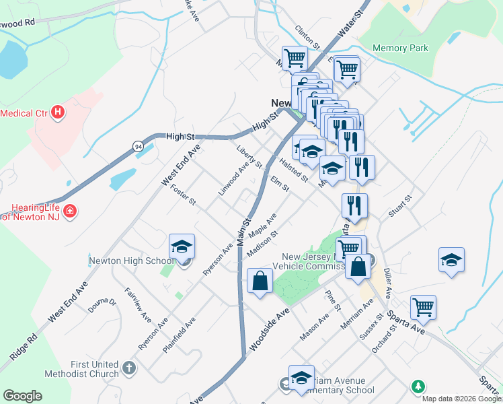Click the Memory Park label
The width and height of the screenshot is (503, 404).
point(400,48)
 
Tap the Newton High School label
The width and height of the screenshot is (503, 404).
point(131,261)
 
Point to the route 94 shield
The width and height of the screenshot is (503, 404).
point(138,145)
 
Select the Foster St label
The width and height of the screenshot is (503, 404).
point(183,195)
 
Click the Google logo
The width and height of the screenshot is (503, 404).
point(22,396)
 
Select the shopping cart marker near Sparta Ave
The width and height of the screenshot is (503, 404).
point(424,307)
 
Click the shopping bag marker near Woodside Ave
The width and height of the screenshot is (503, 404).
point(260,280)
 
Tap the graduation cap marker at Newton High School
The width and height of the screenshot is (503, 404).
point(182,247)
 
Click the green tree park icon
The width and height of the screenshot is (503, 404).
point(418,386)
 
